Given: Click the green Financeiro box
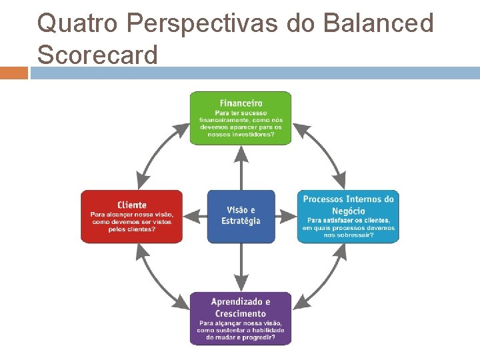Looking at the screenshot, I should click(x=241, y=118).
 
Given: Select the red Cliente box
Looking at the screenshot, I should click(x=131, y=217).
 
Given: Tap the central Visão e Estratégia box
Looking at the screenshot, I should click(x=241, y=216).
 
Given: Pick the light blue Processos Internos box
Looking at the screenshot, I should click(x=348, y=217).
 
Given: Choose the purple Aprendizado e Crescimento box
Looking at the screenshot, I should click(x=241, y=318).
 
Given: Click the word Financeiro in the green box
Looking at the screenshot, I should click(x=241, y=103).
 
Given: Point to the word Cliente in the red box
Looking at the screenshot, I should click(x=131, y=205).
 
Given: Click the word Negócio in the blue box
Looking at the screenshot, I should click(x=348, y=211).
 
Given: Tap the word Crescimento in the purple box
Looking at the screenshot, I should click(x=241, y=313).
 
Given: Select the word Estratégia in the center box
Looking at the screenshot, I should click(x=241, y=221).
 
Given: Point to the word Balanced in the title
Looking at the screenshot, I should click(x=378, y=23).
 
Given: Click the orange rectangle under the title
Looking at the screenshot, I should click(x=13, y=73).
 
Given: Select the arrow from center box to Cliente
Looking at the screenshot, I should click(x=195, y=217).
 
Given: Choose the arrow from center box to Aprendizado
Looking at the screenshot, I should click(x=241, y=267).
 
